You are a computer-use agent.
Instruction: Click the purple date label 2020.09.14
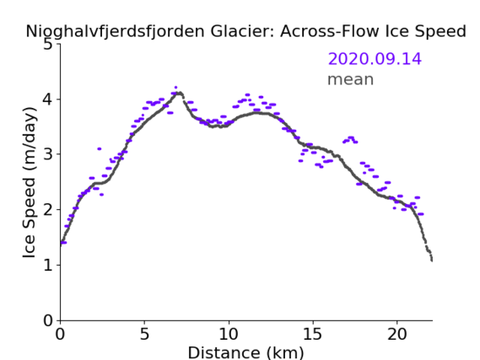(375, 59)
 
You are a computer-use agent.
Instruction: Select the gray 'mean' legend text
(351, 79)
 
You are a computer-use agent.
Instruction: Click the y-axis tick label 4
(48, 99)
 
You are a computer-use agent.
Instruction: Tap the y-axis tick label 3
(48, 154)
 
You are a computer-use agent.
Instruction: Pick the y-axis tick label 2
(48, 210)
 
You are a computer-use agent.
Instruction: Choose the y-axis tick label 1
(48, 266)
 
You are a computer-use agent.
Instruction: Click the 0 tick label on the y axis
(48, 320)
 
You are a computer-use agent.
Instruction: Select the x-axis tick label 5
(144, 335)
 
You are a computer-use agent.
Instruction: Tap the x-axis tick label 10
(229, 335)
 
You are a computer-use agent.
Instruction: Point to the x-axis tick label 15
(313, 335)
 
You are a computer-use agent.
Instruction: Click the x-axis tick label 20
(396, 335)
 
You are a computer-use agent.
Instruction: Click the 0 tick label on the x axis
(60, 335)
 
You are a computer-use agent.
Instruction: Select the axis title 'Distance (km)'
(245, 352)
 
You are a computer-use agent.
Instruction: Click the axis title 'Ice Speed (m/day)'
(29, 183)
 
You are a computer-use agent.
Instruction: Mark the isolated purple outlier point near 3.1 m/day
(100, 149)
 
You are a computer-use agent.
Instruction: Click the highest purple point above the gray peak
(175, 88)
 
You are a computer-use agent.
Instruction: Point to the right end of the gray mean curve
(432, 261)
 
